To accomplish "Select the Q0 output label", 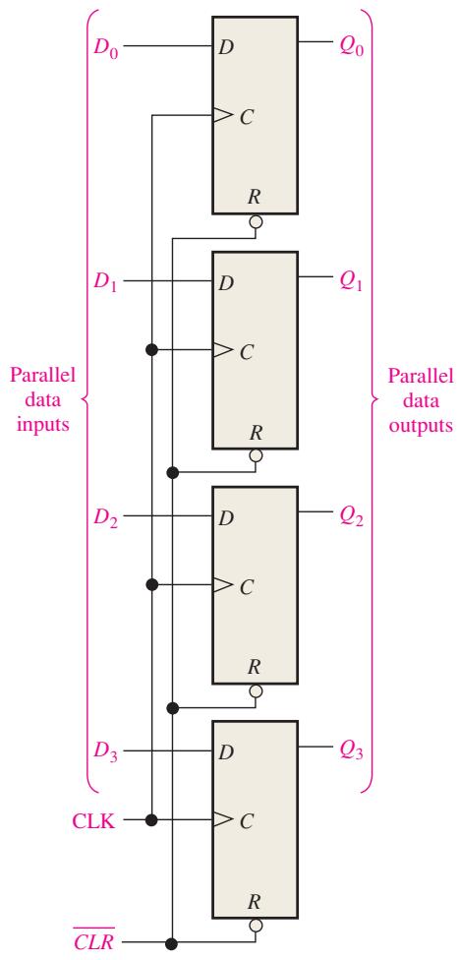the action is pos(352,47).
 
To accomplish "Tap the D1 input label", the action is pos(105,283).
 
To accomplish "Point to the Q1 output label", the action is pos(352,282).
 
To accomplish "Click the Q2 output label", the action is pos(352,517).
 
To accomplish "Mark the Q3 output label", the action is pos(352,751).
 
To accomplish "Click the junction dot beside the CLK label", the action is pos(152,819).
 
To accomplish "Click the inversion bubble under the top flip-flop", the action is pos(256,220).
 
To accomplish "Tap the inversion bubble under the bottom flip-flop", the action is pos(256,926).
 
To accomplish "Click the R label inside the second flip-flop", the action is pos(256,433).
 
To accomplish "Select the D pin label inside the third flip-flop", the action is pos(226,518).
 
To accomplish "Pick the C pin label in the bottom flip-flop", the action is pos(246,821).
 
